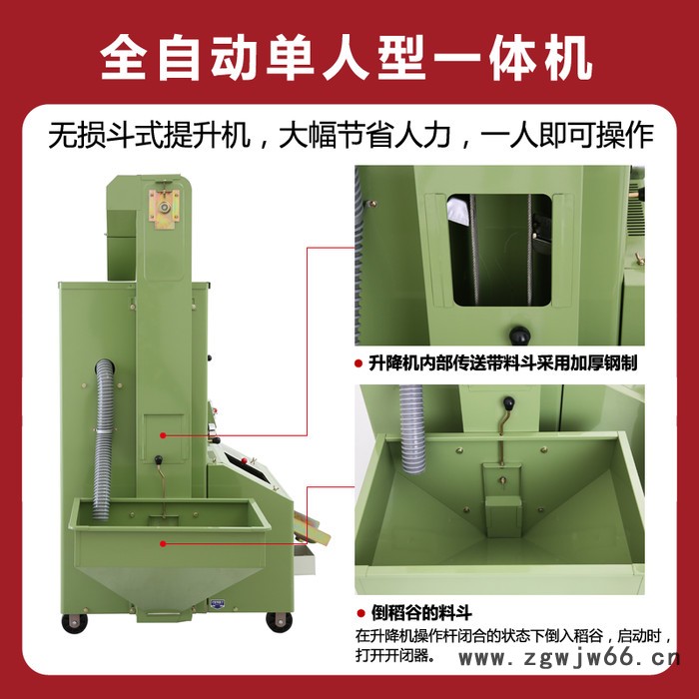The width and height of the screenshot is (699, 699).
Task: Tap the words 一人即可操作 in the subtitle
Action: [568, 136]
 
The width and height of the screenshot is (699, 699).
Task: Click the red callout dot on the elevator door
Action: [163, 435]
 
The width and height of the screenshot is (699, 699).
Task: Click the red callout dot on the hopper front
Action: [163, 543]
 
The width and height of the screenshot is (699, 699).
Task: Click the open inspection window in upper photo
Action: [499, 250]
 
